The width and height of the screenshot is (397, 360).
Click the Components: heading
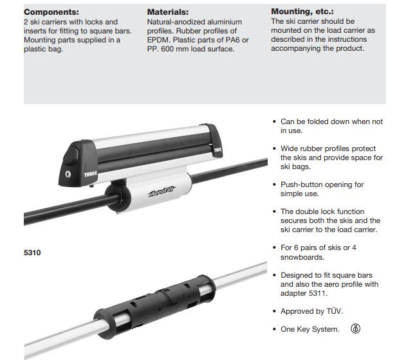coord(51,12)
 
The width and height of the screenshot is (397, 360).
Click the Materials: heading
coord(168,12)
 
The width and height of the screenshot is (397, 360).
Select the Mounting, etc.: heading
coord(302,12)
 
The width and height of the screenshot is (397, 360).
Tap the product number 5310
coord(32,253)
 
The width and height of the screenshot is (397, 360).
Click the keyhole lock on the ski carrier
coord(68,174)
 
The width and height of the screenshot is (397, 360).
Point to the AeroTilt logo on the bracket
coord(162,191)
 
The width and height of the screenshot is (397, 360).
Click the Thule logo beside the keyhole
coord(90,174)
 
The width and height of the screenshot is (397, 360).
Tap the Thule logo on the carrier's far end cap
coord(217,150)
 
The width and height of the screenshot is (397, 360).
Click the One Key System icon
coord(355,328)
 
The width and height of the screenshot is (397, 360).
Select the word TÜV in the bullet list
coord(335,311)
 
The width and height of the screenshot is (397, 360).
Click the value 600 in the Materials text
coord(167,49)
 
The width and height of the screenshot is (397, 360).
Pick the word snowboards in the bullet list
coord(302,257)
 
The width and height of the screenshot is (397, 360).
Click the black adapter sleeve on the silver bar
coord(154,306)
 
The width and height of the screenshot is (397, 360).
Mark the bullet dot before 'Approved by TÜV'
coord(274,311)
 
